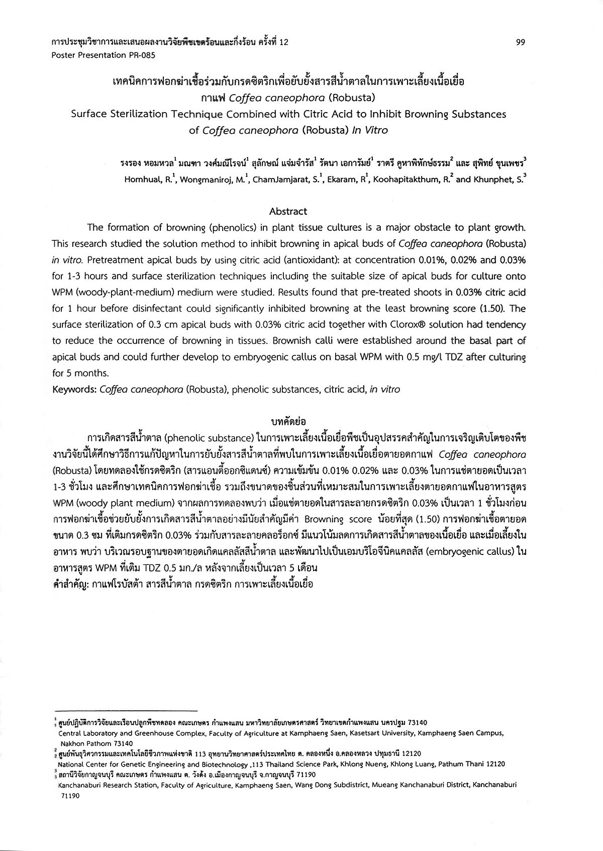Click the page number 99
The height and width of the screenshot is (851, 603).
[x=521, y=43]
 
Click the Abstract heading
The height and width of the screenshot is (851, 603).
[x=288, y=212]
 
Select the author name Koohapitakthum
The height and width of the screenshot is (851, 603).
[x=409, y=179]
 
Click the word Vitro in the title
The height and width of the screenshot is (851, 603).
[x=376, y=131]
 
